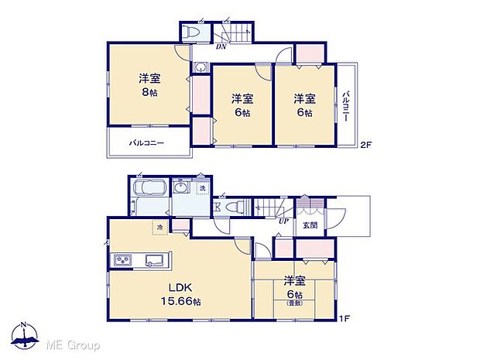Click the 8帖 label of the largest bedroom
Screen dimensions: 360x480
tap(149, 91)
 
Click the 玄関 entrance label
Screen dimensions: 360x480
tap(310, 225)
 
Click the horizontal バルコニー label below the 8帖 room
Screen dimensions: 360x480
tap(146, 142)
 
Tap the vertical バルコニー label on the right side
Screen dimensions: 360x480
tap(345, 107)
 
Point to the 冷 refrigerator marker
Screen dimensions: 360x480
tap(160, 227)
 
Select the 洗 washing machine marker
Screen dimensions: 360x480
tap(203, 188)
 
